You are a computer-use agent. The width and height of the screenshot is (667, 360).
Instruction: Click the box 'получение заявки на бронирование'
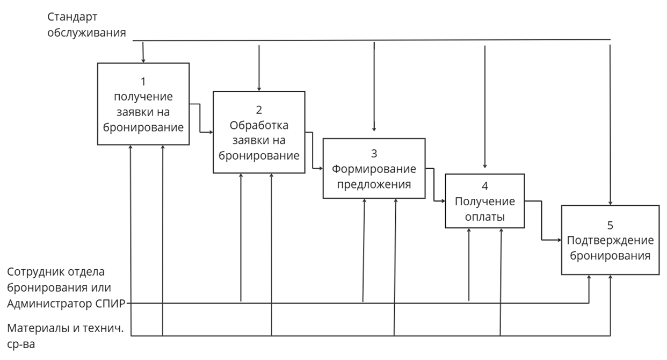click(x=143, y=104)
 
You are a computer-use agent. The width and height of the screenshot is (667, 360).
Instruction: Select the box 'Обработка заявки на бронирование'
click(x=259, y=132)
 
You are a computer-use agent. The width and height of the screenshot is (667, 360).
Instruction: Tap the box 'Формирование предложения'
click(x=374, y=168)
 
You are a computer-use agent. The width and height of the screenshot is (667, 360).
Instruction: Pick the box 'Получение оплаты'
click(x=484, y=201)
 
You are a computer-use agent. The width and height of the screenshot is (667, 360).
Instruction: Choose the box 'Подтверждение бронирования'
click(x=610, y=240)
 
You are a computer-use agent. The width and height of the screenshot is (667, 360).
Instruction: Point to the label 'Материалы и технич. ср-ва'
click(x=66, y=336)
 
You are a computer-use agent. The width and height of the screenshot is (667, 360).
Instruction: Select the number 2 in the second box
click(x=259, y=110)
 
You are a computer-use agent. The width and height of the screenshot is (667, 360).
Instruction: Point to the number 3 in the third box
click(x=374, y=154)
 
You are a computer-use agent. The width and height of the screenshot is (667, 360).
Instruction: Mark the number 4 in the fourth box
click(x=485, y=187)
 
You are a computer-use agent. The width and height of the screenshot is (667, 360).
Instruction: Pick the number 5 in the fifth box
click(x=610, y=224)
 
